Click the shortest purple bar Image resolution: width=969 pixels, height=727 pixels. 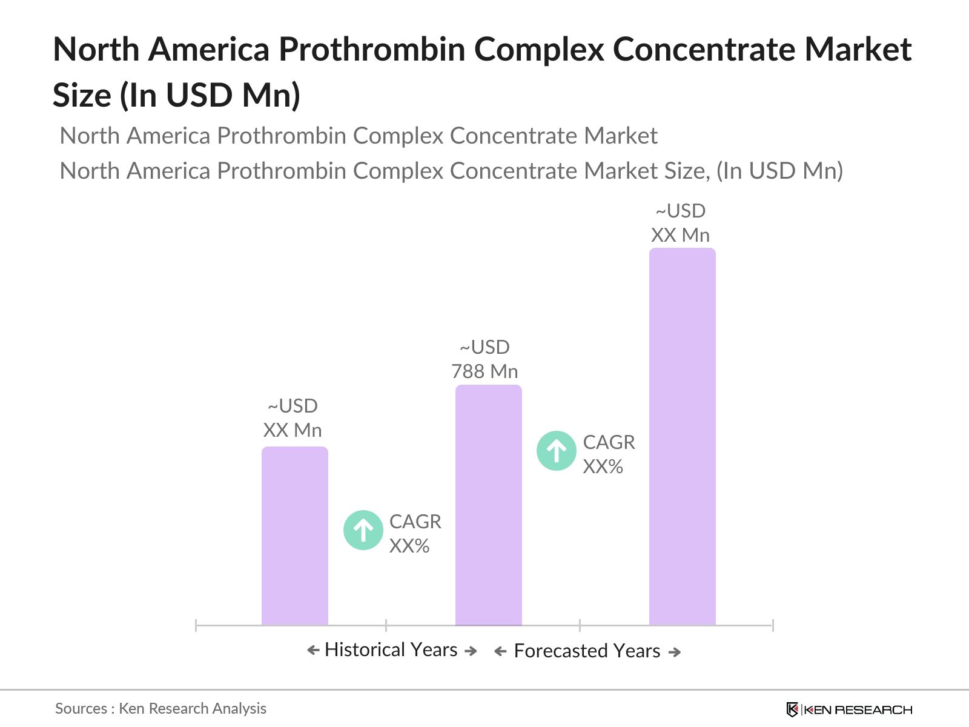[x=294, y=536]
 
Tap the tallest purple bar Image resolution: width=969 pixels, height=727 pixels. [x=682, y=436]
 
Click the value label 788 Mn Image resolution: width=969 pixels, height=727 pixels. [x=484, y=371]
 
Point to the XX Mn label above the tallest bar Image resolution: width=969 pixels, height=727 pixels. [x=680, y=235]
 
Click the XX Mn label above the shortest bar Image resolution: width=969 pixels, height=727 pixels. [x=293, y=430]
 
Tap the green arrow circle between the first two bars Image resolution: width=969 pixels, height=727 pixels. [x=363, y=530]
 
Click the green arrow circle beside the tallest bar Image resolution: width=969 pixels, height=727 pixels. [x=557, y=451]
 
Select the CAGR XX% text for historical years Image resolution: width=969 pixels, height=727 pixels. [x=415, y=534]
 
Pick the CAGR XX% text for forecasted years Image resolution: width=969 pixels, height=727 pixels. [x=609, y=454]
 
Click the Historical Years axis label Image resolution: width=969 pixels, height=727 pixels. [x=391, y=649]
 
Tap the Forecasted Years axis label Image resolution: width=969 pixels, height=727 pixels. [x=587, y=651]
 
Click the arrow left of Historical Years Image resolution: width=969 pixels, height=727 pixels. [x=313, y=650]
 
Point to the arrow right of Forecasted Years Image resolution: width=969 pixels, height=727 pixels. [x=675, y=652]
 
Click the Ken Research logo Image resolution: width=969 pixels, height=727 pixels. [x=848, y=709]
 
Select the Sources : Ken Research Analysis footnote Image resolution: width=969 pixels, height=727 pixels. [x=160, y=708]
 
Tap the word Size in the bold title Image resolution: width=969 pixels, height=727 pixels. [x=82, y=95]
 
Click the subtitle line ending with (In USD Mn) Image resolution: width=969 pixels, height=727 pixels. [x=451, y=171]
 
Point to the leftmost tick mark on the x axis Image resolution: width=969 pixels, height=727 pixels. [x=196, y=625]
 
